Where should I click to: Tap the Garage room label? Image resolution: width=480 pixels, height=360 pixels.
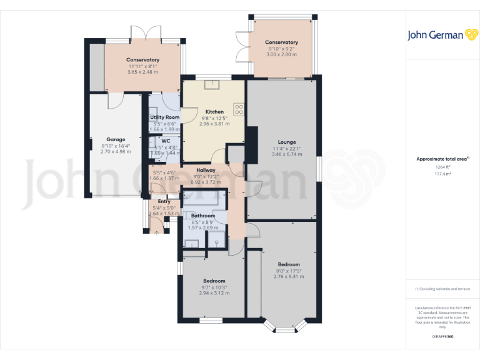tap(116, 139)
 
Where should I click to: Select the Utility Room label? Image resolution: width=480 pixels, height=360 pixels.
tap(164, 117)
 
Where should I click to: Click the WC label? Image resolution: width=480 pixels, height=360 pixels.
tap(166, 141)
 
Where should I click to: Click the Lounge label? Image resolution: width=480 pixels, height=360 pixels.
tap(287, 142)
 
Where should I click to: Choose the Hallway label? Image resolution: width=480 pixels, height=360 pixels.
tap(206, 170)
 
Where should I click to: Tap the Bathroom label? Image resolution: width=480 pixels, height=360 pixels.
tap(203, 216)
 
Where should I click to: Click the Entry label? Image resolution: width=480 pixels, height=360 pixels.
tap(164, 201)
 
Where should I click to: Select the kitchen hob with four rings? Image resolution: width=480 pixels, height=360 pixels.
tap(239, 109)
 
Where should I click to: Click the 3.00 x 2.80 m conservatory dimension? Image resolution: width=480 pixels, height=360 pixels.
tap(281, 54)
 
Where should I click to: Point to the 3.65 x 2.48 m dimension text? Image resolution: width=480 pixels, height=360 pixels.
tap(142, 72)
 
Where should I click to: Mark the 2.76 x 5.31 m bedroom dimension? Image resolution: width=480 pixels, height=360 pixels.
tap(289, 276)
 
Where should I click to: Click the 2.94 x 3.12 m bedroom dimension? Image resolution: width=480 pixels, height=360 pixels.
tap(214, 293)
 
